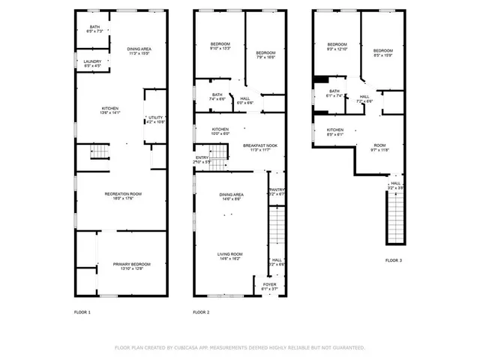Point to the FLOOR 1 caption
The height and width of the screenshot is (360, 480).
pyautogui.click(x=82, y=312)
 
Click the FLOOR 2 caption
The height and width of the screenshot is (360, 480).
pyautogui.click(x=201, y=312)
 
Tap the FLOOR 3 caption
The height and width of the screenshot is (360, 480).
pyautogui.click(x=394, y=260)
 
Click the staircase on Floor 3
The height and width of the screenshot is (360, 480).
pyautogui.click(x=394, y=217)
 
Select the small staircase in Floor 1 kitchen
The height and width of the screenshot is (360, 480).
pyautogui.click(x=100, y=153)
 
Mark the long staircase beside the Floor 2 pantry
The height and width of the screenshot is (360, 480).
pyautogui.click(x=277, y=229)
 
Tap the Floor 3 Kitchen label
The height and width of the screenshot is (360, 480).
pyautogui.click(x=334, y=131)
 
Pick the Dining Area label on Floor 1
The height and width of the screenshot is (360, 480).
pyautogui.click(x=139, y=49)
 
